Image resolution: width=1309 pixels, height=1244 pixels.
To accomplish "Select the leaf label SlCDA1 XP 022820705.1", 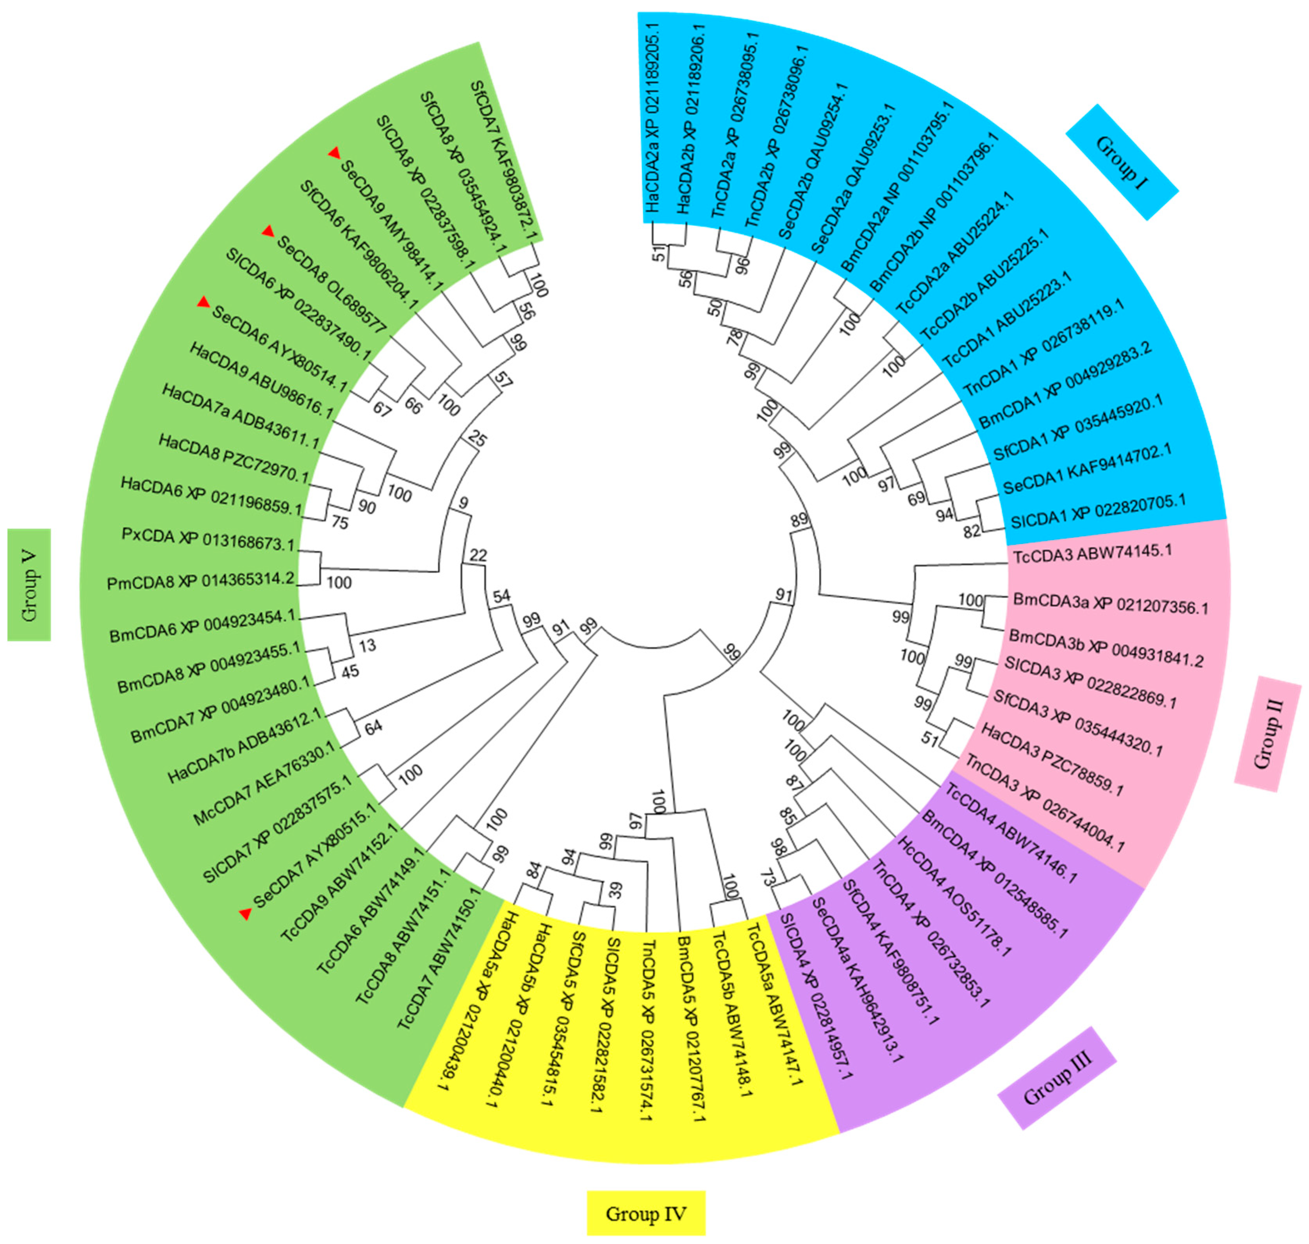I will (1097, 511).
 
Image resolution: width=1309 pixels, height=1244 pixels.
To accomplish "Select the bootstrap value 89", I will (800, 519).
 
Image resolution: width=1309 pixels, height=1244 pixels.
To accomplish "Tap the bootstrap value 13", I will (367, 645).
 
